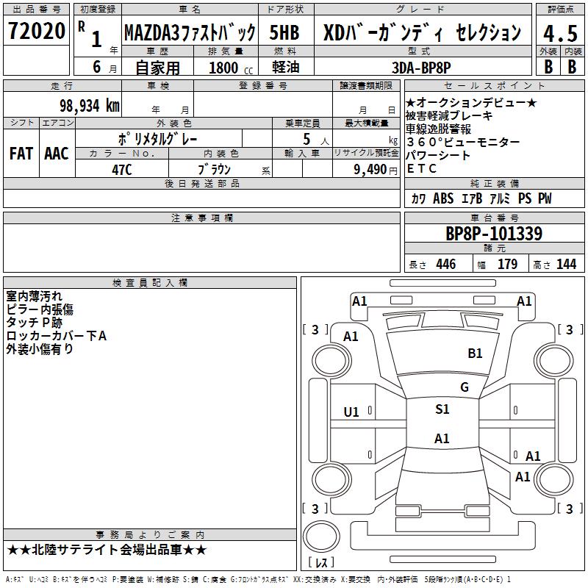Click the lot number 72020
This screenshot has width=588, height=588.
37,32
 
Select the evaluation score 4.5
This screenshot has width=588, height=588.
559,32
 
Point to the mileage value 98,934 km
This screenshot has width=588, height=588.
89,105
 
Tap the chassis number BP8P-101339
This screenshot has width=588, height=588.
494,234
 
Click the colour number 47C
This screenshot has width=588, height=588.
121,168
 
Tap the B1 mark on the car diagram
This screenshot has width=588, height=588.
475,353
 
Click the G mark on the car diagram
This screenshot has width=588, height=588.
465,387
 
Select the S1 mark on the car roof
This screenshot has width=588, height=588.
442,409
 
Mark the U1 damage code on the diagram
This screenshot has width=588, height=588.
351,412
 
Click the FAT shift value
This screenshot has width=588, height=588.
21,154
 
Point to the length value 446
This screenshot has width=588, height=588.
445,265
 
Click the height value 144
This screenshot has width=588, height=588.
566,265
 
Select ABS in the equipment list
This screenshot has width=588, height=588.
443,198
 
